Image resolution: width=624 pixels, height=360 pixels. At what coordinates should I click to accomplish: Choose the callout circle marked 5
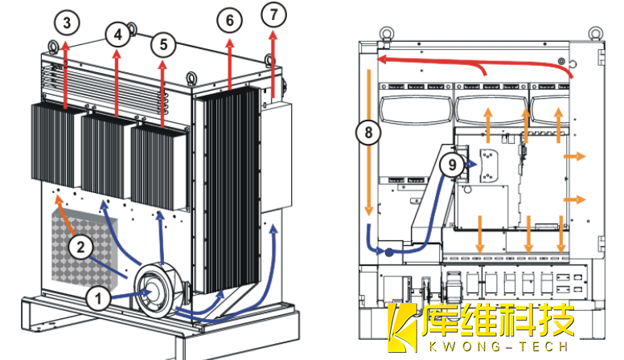click(x=164, y=44)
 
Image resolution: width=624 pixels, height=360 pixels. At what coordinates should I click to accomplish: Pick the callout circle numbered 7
click(x=273, y=15)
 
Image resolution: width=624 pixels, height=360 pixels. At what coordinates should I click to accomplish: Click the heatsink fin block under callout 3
click(x=55, y=144)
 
